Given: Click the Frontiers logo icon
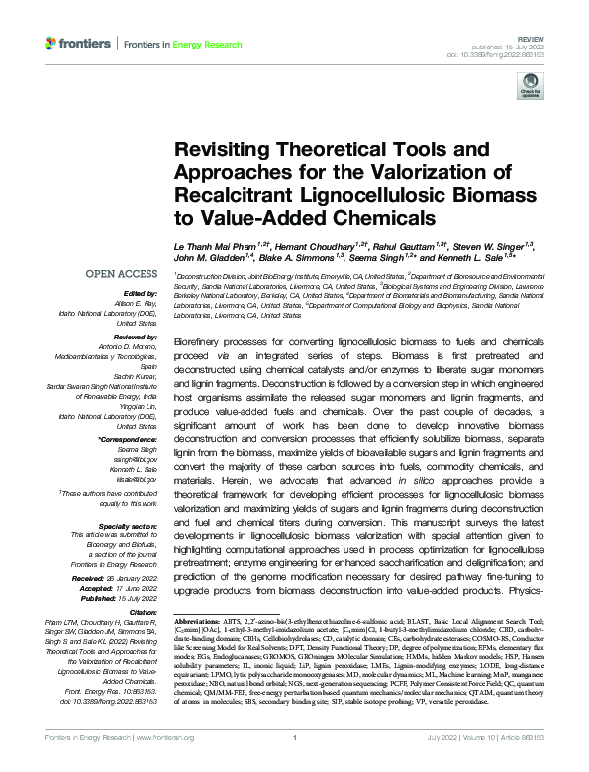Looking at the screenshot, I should pyautogui.click(x=50, y=44).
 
